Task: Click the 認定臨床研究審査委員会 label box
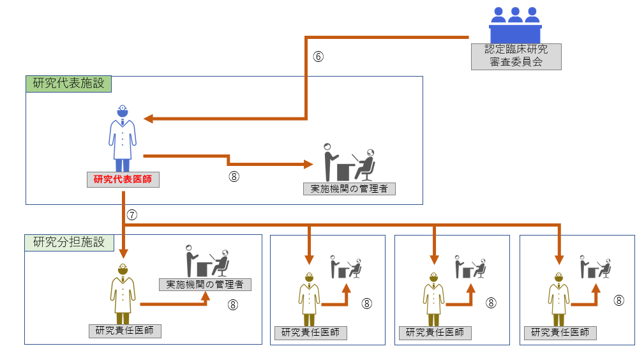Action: pos(516,56)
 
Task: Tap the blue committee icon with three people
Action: pos(515,24)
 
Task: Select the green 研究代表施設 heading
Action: pos(69,84)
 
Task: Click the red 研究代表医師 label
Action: pos(123,179)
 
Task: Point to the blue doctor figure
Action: pos(123,138)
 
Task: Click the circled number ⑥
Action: pos(318,56)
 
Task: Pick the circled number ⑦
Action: pos(131,215)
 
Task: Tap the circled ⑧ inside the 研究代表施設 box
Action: pos(234,176)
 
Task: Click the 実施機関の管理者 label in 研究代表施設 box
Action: pos(349,189)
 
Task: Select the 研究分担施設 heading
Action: pos(69,243)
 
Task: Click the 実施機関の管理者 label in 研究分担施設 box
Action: pos(205,285)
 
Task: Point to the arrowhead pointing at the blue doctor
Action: pos(149,119)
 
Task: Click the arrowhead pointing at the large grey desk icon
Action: pos(308,164)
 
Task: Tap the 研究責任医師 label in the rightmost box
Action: pos(560,333)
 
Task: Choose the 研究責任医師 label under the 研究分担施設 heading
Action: pos(124,331)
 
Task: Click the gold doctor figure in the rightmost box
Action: pos(558,299)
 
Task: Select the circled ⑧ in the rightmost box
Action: pos(618,300)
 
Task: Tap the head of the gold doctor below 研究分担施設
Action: pos(123,269)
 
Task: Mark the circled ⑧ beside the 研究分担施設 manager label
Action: pos(233,304)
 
